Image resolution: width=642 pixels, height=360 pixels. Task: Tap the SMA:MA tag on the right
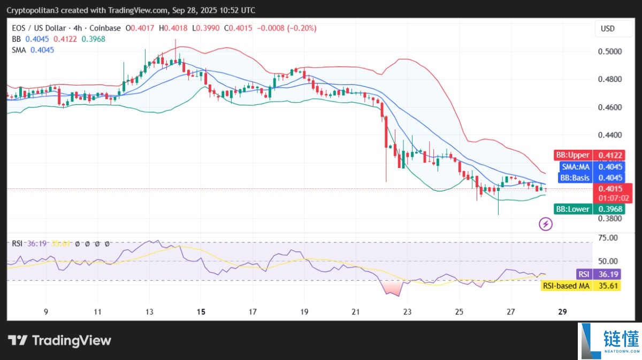tap(576, 166)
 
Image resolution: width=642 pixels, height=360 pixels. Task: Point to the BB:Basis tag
tap(575, 178)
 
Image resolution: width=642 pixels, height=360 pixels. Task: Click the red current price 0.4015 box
tap(613, 193)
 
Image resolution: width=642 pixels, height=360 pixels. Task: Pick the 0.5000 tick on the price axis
tap(610, 51)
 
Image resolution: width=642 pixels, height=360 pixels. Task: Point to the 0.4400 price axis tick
tap(610, 135)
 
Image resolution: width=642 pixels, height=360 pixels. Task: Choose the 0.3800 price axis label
tap(610, 219)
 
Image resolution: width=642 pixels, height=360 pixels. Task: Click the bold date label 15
tap(201, 311)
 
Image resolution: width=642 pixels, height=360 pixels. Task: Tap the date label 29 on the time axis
tap(563, 311)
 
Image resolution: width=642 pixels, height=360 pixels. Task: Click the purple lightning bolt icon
tap(546, 224)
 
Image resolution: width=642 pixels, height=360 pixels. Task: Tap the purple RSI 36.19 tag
tap(599, 274)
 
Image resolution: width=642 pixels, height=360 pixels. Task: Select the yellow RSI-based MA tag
tap(580, 286)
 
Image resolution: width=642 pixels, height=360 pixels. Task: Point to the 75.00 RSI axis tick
tap(608, 238)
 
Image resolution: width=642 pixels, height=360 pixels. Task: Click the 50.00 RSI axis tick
tap(608, 261)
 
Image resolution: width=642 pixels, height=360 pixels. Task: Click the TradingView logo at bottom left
tap(59, 341)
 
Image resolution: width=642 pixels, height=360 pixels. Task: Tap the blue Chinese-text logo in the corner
tap(610, 341)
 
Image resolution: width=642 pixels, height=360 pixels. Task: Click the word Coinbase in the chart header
tap(105, 28)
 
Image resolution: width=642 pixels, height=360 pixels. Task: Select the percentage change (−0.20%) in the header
tap(302, 28)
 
